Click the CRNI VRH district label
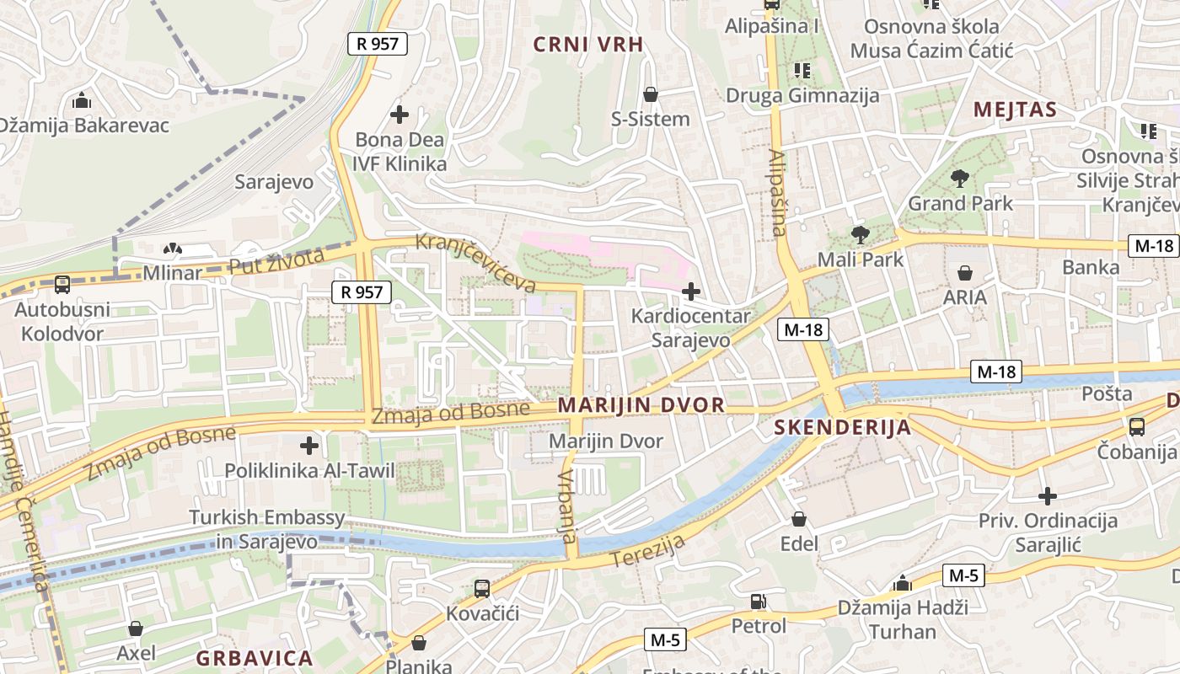coord(588,45)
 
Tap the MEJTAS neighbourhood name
coord(1015,110)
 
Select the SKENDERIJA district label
coord(843,427)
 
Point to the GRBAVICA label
coord(255,657)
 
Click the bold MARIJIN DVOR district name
coord(641,405)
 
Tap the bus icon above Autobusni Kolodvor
coord(62,285)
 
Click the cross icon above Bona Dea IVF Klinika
coord(400,114)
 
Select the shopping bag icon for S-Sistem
coord(650,94)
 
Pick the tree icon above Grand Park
coord(959,178)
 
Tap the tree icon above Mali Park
coord(860,234)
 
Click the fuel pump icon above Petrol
coord(758,602)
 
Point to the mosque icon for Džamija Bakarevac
coord(82,100)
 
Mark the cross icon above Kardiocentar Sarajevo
coord(691,292)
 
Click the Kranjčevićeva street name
coord(477,263)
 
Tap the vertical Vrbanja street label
coord(566,505)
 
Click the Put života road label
coord(276,262)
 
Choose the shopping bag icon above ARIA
coord(965,273)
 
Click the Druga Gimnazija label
coord(802,95)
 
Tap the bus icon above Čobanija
coord(1136,427)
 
